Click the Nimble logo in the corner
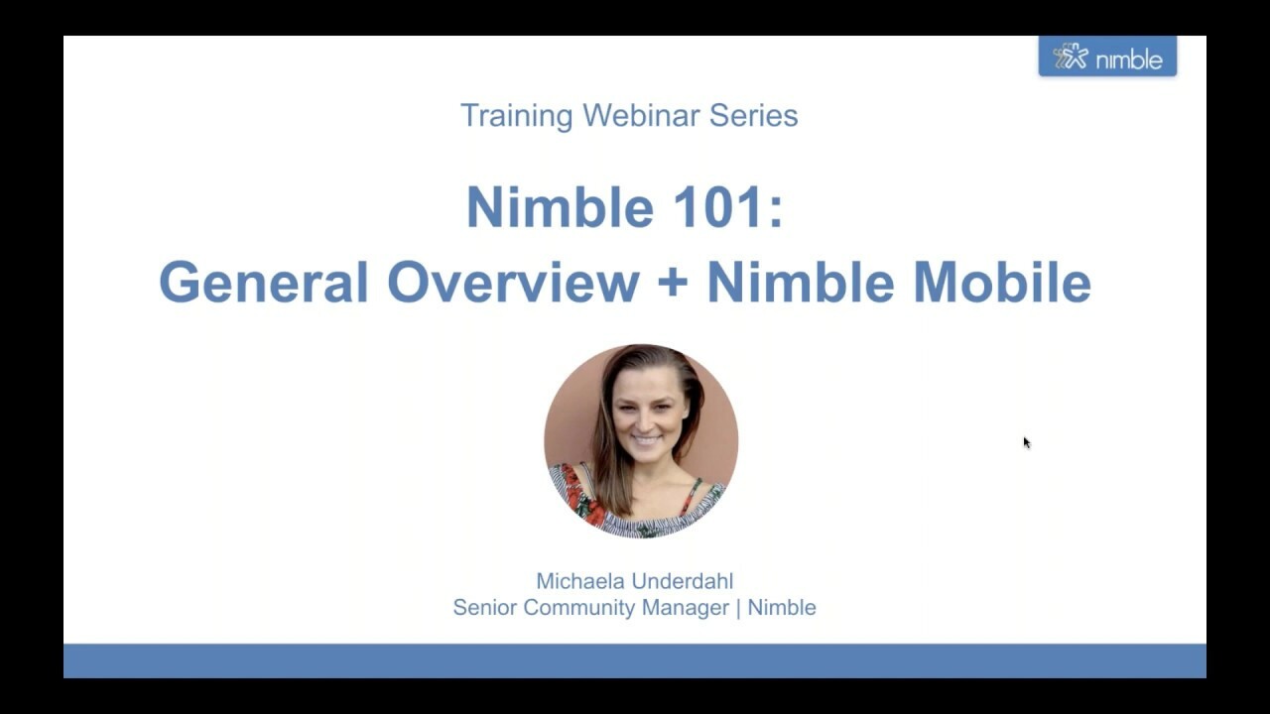1107,58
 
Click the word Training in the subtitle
516,116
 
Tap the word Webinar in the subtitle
641,116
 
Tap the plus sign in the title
673,284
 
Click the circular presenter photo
640,441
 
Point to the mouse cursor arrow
1026,442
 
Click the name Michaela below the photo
580,581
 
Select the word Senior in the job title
484,607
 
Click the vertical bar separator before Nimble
738,608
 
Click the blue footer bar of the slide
635,660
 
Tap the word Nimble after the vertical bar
782,607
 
